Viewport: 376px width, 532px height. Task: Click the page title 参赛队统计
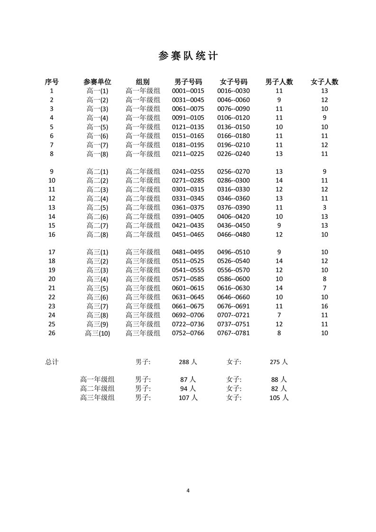[188, 56]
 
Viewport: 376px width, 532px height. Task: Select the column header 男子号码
[188, 82]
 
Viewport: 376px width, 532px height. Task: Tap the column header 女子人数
[324, 82]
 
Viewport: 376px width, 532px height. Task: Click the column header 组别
[143, 82]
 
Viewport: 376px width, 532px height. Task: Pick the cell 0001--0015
[188, 91]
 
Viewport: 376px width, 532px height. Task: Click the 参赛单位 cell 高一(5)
[98, 127]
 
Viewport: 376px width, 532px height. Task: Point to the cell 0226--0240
[233, 154]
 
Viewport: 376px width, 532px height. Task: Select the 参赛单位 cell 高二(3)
[98, 189]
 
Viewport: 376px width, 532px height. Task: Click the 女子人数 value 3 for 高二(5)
[324, 207]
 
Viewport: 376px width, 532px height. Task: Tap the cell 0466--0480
[233, 234]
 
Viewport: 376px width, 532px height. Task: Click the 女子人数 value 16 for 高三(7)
[324, 306]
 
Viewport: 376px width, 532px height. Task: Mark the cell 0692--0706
[188, 315]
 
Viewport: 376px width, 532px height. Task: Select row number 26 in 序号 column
[52, 333]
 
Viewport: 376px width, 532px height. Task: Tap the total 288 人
[188, 362]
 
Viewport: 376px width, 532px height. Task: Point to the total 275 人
[278, 362]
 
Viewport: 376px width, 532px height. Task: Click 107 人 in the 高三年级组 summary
[188, 398]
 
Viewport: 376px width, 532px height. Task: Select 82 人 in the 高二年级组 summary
[278, 388]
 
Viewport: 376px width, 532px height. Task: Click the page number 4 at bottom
[188, 490]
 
